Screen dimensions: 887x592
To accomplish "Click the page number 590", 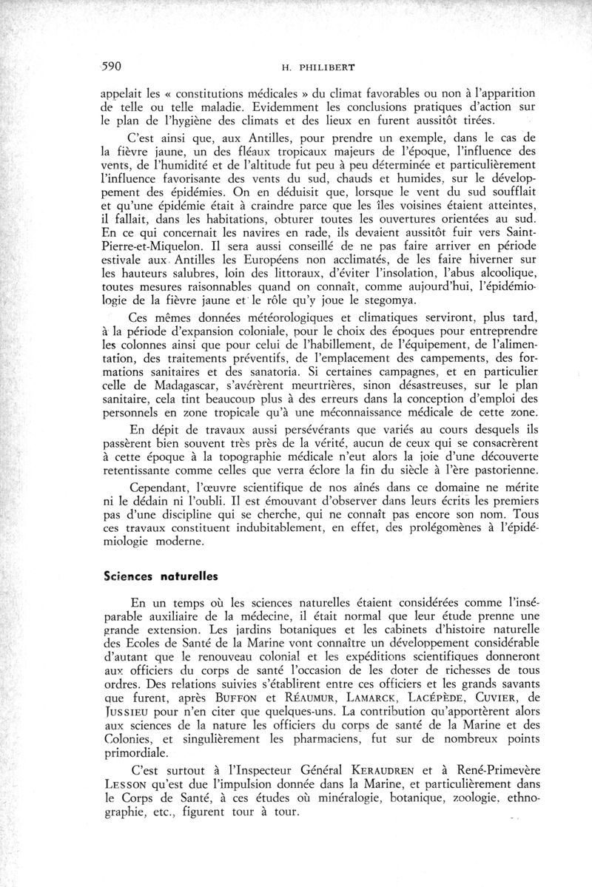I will (111, 65).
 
